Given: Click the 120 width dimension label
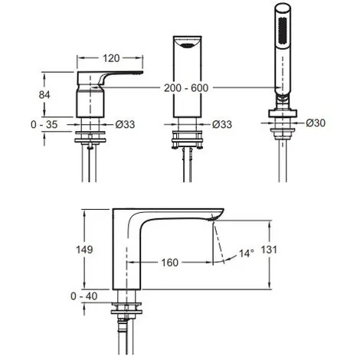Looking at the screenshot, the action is [111, 58].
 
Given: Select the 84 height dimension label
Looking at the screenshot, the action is [44, 95].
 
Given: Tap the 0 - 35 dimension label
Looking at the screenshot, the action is [44, 125].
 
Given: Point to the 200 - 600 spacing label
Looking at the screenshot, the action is [186, 88].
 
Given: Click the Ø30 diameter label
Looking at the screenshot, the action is [316, 123].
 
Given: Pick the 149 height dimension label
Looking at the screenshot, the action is [84, 250].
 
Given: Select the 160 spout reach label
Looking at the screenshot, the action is [170, 262].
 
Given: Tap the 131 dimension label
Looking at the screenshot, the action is [269, 250].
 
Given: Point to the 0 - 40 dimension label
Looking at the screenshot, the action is [84, 296].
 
